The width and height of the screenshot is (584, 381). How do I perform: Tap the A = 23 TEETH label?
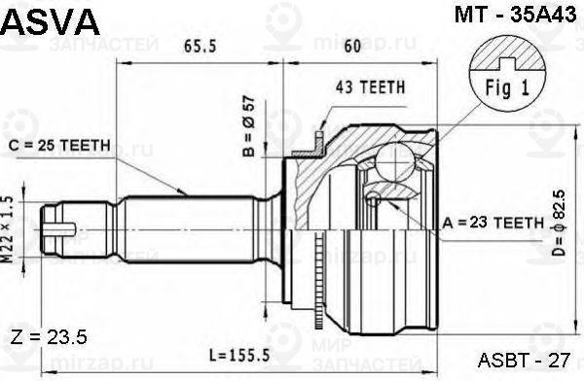click(x=493, y=223)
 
